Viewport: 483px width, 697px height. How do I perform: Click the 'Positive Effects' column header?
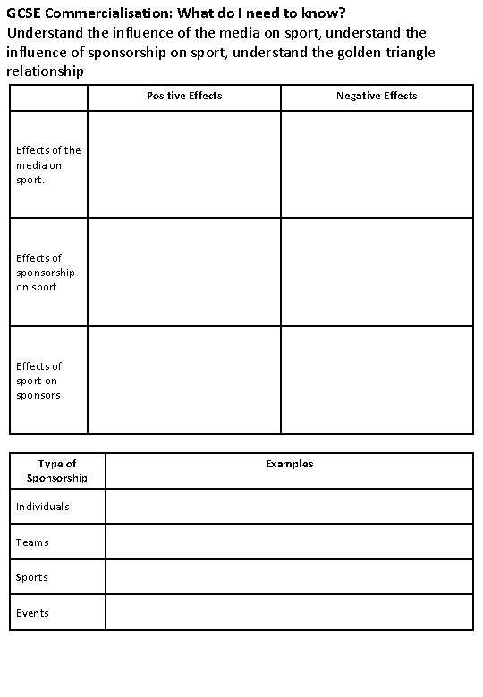point(184,96)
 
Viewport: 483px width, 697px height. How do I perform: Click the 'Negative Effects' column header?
point(377,96)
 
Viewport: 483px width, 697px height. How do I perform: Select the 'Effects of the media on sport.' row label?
point(48,164)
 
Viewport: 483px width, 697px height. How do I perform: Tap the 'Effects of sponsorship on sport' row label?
point(46,273)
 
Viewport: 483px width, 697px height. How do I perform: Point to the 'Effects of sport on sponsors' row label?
point(39,381)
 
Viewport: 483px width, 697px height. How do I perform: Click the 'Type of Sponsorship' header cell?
point(57,471)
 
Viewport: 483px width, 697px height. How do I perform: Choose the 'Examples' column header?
point(289,464)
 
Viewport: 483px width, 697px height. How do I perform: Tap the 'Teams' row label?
point(32,542)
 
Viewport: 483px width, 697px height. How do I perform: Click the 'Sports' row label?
point(32,577)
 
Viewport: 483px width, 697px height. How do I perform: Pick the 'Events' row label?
point(32,613)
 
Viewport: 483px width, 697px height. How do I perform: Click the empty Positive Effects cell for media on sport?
point(184,164)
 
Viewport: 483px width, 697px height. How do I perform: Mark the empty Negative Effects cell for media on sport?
point(377,164)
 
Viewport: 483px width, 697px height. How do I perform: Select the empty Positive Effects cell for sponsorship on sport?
point(184,273)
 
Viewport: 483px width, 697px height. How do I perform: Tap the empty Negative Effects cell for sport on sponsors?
point(377,381)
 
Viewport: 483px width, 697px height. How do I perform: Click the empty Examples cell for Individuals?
point(289,507)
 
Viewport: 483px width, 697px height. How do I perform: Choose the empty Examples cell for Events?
point(289,613)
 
